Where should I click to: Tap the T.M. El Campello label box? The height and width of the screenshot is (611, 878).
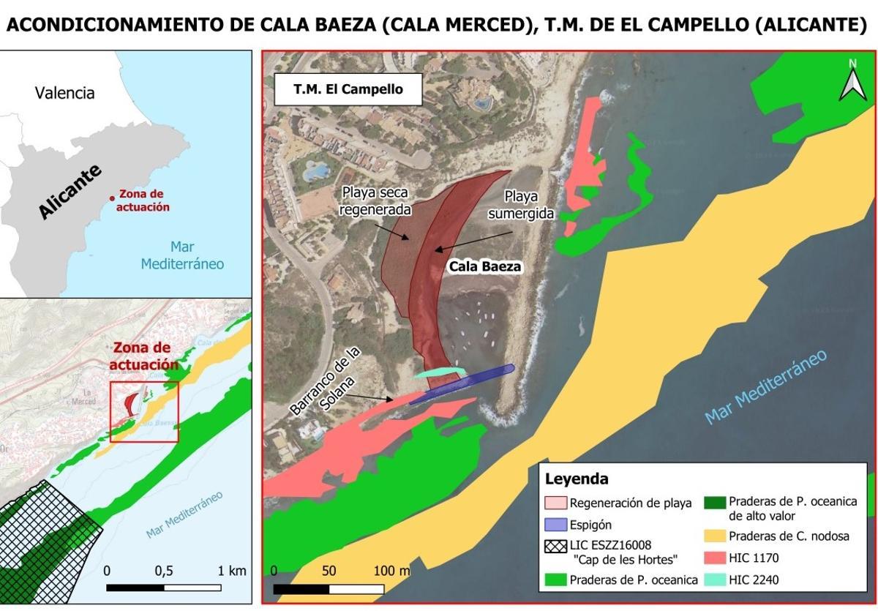348,90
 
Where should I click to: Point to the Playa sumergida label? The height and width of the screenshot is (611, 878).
520,205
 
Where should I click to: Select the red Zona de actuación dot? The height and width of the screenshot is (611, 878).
112,198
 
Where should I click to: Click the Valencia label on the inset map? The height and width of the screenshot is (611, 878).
65,93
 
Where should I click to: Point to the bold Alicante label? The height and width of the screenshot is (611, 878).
70,192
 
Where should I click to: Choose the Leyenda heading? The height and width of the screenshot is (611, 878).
577,479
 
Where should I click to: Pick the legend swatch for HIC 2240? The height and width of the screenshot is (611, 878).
713,580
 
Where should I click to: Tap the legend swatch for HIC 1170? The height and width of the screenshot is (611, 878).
713,558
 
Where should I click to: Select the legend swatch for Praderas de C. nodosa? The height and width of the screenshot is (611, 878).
713,536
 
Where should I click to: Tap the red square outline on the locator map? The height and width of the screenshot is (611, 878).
144,412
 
